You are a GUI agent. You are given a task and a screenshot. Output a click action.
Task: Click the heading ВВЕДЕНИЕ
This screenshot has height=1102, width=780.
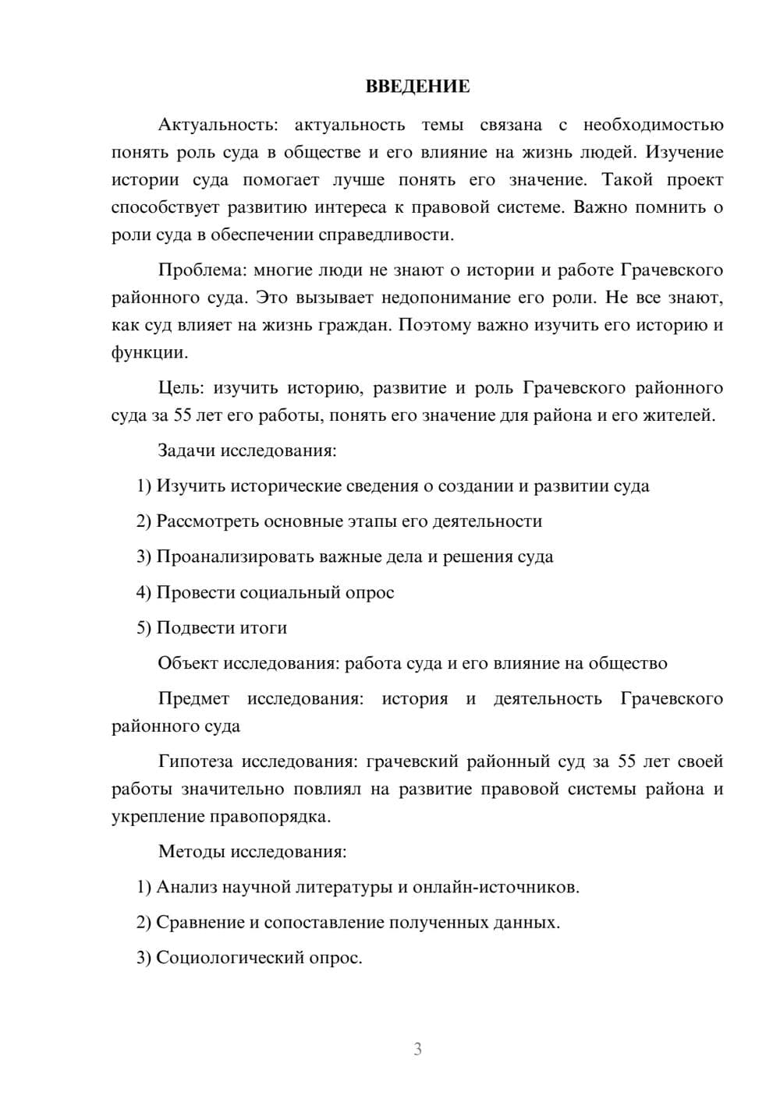click(417, 87)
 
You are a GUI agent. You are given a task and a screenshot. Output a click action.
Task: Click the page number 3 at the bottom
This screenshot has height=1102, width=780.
click(417, 1049)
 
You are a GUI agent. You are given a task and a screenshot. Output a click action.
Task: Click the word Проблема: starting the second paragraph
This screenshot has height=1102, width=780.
click(202, 270)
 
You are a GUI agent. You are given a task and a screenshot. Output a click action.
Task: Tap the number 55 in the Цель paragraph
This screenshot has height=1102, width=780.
click(183, 415)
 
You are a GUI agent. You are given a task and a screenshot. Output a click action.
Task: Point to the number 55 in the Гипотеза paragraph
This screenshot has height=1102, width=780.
click(627, 761)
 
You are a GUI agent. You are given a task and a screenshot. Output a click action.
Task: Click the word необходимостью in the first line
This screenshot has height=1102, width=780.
click(653, 125)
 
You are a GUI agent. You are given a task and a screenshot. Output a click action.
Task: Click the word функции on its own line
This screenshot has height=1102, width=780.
click(148, 353)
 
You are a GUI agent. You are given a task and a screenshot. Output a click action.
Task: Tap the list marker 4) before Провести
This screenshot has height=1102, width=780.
click(144, 592)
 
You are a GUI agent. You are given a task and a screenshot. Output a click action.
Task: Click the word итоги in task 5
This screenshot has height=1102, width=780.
click(262, 628)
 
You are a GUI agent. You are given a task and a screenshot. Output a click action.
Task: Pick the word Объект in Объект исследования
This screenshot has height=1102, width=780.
click(187, 663)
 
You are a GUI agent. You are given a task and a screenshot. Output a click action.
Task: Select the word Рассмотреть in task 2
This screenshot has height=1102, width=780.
click(207, 521)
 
